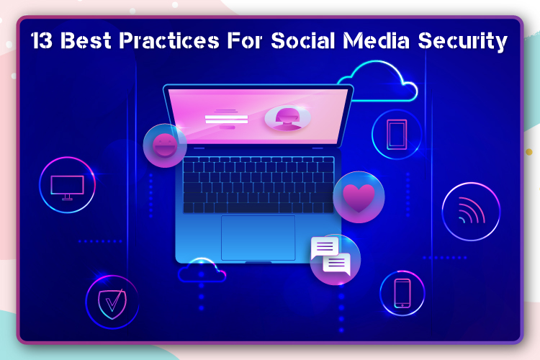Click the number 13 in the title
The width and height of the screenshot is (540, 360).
coord(42,40)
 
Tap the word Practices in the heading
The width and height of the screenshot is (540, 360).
coord(169,40)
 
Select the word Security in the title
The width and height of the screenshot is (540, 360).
coord(462,42)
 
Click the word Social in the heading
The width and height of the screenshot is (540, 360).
coord(303,40)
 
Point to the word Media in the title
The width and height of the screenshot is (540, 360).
coord(376,40)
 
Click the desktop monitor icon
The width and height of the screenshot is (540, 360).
coord(68,187)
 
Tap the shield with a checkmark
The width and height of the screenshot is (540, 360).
coord(112,302)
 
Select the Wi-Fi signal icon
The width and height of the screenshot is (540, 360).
coord(472,211)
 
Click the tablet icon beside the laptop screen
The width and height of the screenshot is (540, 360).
coord(397,135)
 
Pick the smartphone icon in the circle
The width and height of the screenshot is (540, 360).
coord(402,293)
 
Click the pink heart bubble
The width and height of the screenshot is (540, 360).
coord(359,197)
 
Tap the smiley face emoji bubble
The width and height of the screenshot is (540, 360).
coord(165,145)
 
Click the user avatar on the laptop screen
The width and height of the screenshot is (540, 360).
coord(287,118)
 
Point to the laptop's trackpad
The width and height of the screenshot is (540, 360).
coord(258,238)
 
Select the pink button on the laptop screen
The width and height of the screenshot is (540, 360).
coord(228,127)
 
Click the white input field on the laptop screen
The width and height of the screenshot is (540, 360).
coord(226,120)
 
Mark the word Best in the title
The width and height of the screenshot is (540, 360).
coord(86,40)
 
